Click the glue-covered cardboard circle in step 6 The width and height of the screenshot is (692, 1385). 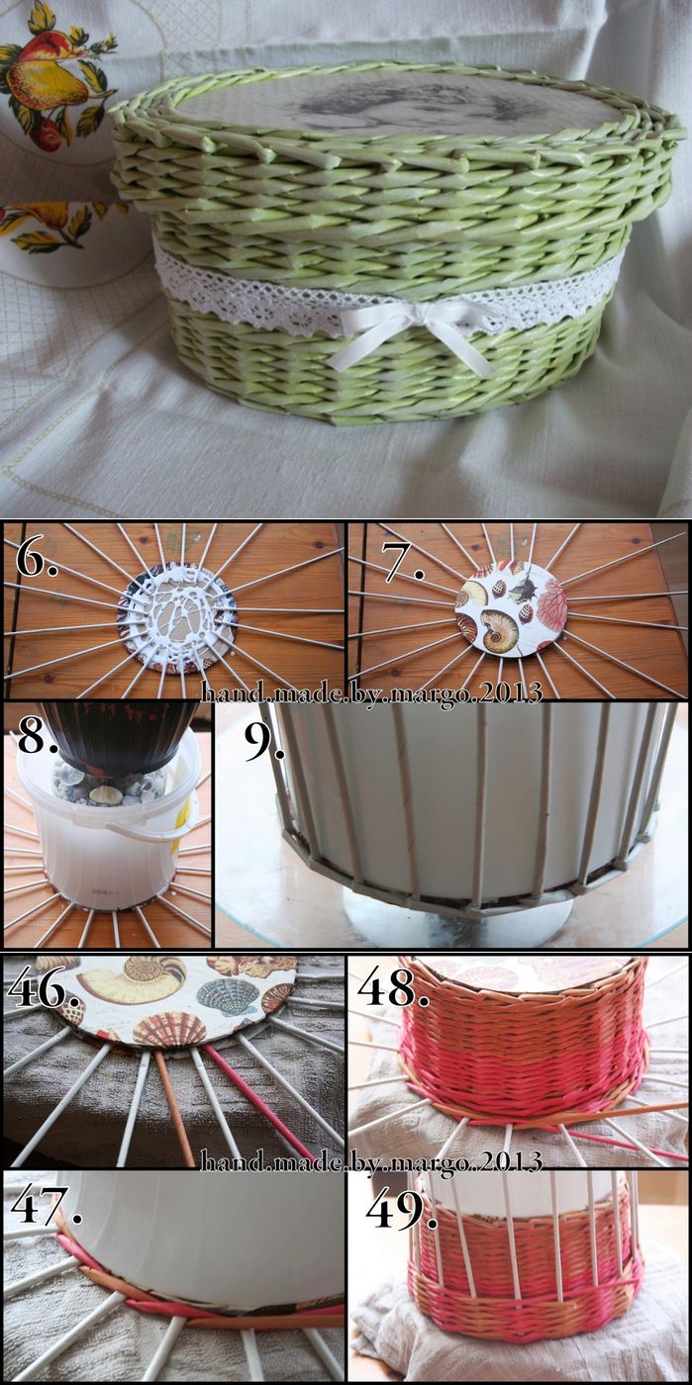(x=177, y=617)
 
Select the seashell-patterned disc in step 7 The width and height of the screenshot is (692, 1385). (x=511, y=607)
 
